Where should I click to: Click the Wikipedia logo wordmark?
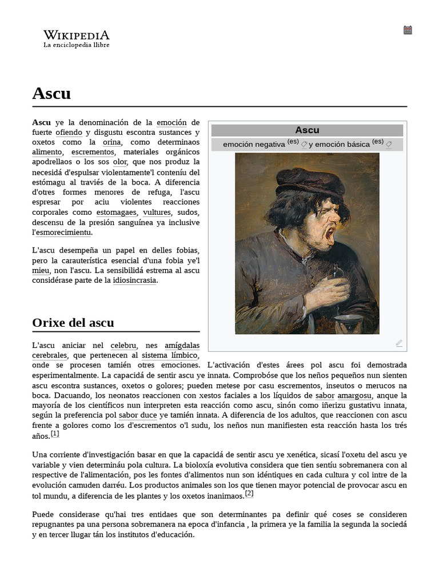pyautogui.click(x=76, y=35)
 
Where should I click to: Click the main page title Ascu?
pyautogui.click(x=51, y=93)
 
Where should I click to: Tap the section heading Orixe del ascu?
pyautogui.click(x=73, y=323)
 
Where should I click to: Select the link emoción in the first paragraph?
pyautogui.click(x=171, y=122)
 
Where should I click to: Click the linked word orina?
pyautogui.click(x=111, y=142)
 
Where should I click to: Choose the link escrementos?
pyautogui.click(x=93, y=152)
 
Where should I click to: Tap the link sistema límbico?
pyautogui.click(x=170, y=355)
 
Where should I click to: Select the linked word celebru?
pyautogui.click(x=123, y=345)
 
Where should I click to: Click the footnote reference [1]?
pyautogui.click(x=55, y=434)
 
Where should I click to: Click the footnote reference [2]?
pyautogui.click(x=249, y=493)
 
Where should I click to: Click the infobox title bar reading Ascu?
pyautogui.click(x=307, y=130)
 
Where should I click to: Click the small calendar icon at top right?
pyautogui.click(x=408, y=30)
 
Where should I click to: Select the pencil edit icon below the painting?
pyautogui.click(x=399, y=343)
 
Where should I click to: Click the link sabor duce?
pyautogui.click(x=138, y=415)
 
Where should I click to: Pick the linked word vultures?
pyautogui.click(x=157, y=212)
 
